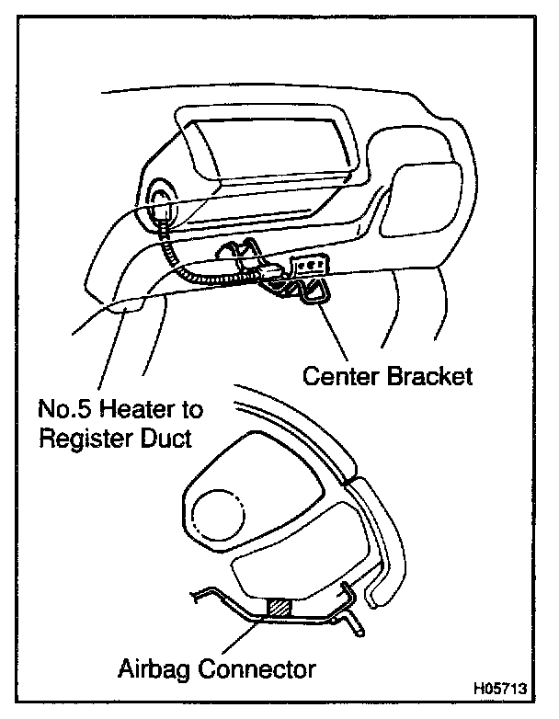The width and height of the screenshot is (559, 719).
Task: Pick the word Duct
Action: [166, 439]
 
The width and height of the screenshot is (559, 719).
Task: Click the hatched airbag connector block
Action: [279, 607]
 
